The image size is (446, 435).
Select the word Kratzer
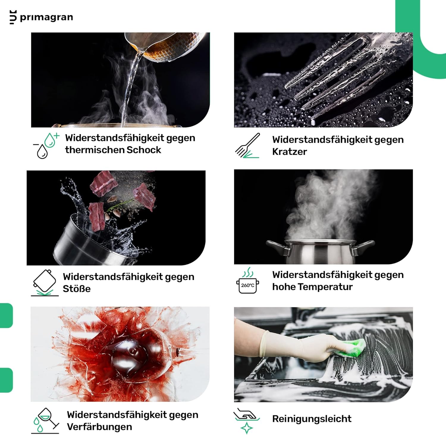[x=289, y=152]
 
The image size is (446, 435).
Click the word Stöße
[x=77, y=289]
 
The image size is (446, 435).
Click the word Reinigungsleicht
[x=312, y=419]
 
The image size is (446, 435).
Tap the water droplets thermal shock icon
[x=46, y=145]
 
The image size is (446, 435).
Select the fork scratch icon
[x=247, y=145]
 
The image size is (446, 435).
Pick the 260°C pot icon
[x=248, y=281]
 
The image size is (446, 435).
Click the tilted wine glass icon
[x=45, y=420]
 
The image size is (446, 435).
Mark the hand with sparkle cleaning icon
[x=246, y=420]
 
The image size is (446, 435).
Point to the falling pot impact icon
[x=45, y=283]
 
